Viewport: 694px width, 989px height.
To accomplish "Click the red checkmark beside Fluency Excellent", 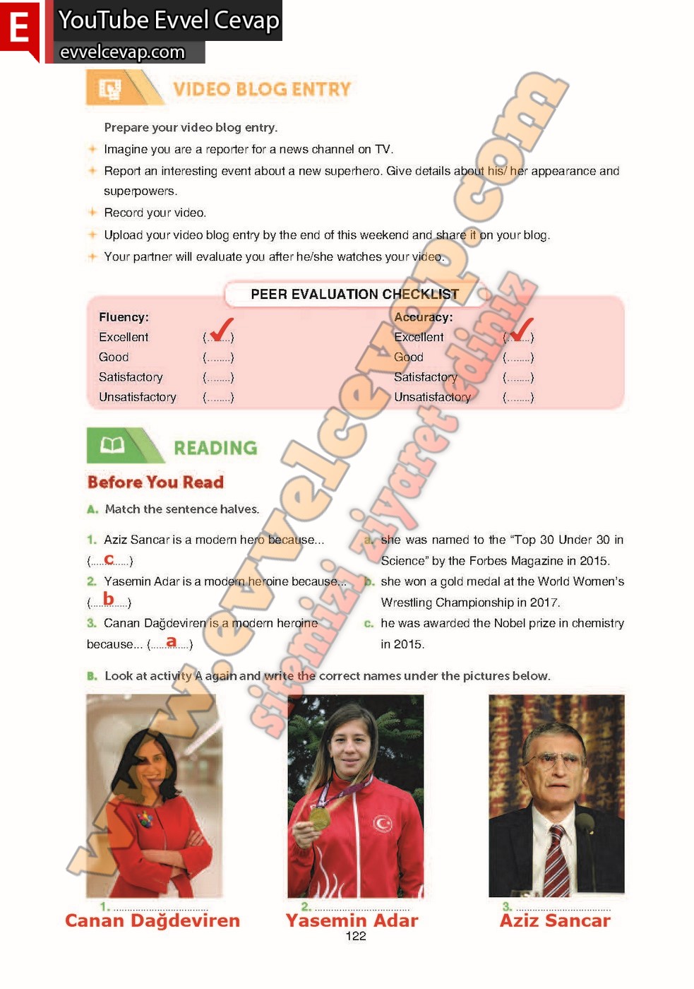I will point(221,329).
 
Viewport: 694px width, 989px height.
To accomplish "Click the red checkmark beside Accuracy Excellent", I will point(521,329).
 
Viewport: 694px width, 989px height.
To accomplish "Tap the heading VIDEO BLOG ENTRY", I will point(261,89).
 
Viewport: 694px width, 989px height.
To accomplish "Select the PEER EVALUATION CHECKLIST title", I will point(354,294).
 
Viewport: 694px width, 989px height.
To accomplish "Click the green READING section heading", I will point(215,448).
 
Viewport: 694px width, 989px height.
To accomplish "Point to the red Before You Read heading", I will point(155,482).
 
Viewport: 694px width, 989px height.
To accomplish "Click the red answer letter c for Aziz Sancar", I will point(109,559).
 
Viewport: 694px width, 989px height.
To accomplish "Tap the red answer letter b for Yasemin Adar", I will point(108,599).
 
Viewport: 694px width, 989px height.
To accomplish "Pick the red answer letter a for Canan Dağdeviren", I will point(171,641).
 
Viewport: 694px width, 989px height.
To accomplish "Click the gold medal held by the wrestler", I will point(319,818).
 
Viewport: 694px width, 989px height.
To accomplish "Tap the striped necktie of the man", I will point(556,862).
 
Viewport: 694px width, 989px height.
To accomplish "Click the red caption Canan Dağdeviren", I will point(152,920).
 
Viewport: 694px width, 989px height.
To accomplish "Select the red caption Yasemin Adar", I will point(352,920).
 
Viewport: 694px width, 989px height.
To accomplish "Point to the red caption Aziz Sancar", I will point(555,920).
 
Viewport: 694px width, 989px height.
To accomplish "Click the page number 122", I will point(356,936).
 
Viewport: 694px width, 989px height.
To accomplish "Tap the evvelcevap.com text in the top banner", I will point(122,52).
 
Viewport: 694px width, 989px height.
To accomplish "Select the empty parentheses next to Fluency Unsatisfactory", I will point(218,398).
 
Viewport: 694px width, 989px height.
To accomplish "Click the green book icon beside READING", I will point(112,445).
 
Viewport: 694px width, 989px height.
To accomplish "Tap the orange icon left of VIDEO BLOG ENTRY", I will point(110,89).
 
